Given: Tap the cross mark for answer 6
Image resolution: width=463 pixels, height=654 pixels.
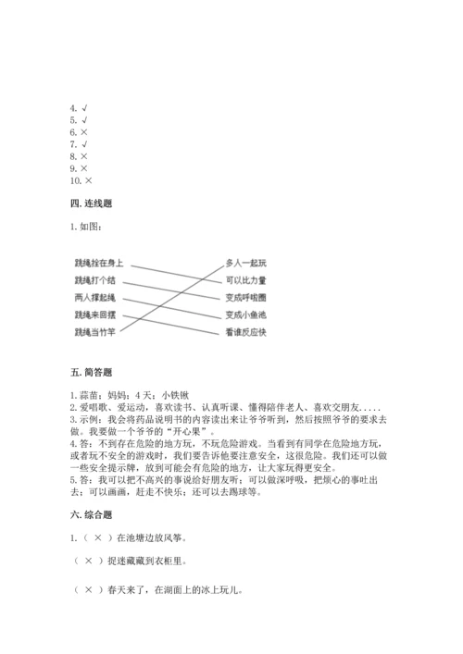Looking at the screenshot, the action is click(x=84, y=132).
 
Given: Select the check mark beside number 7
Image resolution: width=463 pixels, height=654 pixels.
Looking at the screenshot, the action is click(x=84, y=145).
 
